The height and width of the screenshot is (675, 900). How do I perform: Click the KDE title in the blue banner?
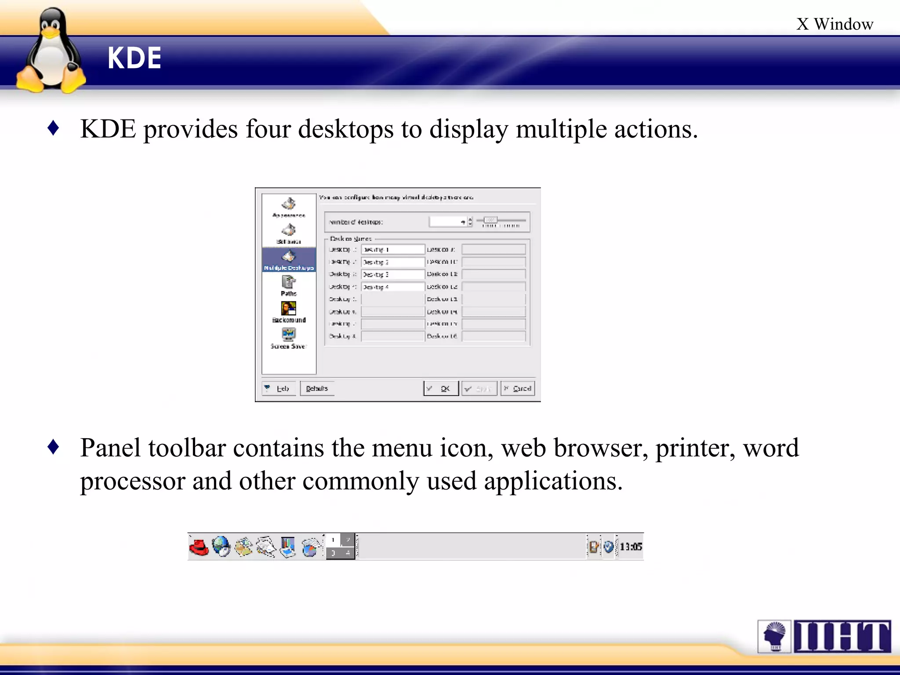pyautogui.click(x=134, y=58)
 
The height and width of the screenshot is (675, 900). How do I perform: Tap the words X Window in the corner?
pyautogui.click(x=834, y=24)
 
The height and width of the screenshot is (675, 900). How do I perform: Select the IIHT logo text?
pyautogui.click(x=842, y=636)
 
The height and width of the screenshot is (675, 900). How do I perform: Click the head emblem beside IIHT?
pyautogui.click(x=774, y=636)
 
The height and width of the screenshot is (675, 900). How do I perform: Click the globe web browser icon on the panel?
pyautogui.click(x=221, y=547)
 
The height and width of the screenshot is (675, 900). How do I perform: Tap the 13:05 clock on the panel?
pyautogui.click(x=631, y=547)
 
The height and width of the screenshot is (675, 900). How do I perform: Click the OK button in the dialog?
pyautogui.click(x=441, y=388)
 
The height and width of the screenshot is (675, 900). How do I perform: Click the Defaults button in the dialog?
pyautogui.click(x=317, y=388)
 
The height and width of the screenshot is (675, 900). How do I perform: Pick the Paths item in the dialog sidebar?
pyautogui.click(x=289, y=286)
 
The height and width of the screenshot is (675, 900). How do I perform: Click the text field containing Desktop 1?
pyautogui.click(x=393, y=250)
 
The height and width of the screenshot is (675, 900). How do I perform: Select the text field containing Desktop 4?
pyautogui.click(x=393, y=287)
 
